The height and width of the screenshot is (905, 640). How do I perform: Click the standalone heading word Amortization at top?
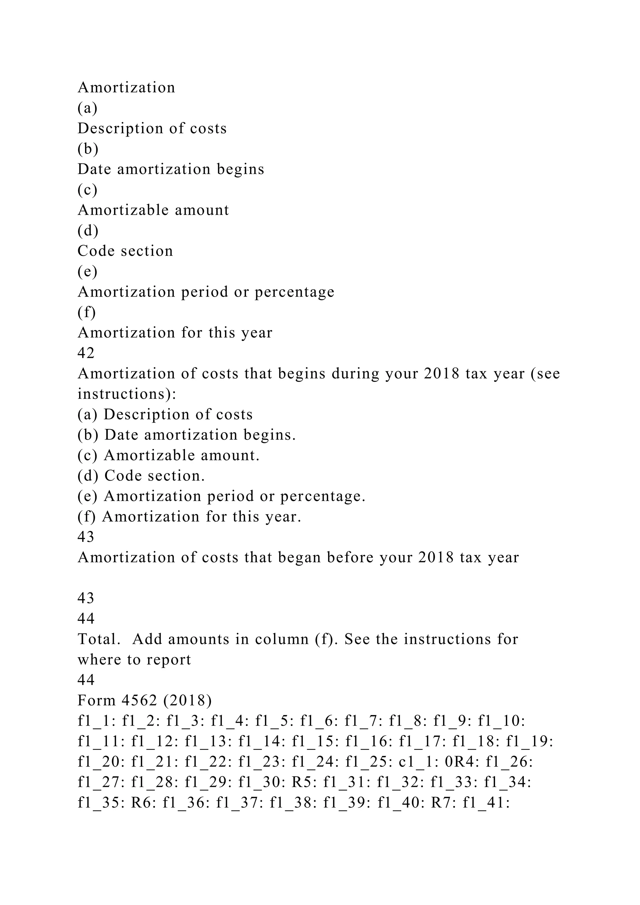coord(126,87)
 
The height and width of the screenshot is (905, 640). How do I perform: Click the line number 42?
coord(86,353)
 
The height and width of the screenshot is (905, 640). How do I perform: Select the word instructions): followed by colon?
coord(127,394)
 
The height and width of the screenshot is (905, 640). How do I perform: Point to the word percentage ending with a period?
coord(323,496)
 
